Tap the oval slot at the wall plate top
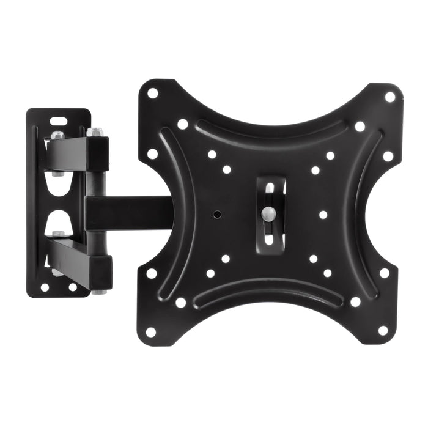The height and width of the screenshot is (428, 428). click(x=57, y=120)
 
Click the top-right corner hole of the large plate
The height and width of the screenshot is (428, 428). click(x=389, y=97)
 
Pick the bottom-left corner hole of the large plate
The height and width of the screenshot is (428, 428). click(x=150, y=332)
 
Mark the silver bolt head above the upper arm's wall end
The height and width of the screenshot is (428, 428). click(x=57, y=135)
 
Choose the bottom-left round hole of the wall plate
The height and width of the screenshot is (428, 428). click(x=45, y=286)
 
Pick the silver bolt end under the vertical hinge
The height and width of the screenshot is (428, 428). click(x=98, y=292)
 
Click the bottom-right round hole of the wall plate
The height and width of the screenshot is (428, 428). click(x=73, y=287)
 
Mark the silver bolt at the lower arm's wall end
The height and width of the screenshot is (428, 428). click(x=58, y=234)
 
